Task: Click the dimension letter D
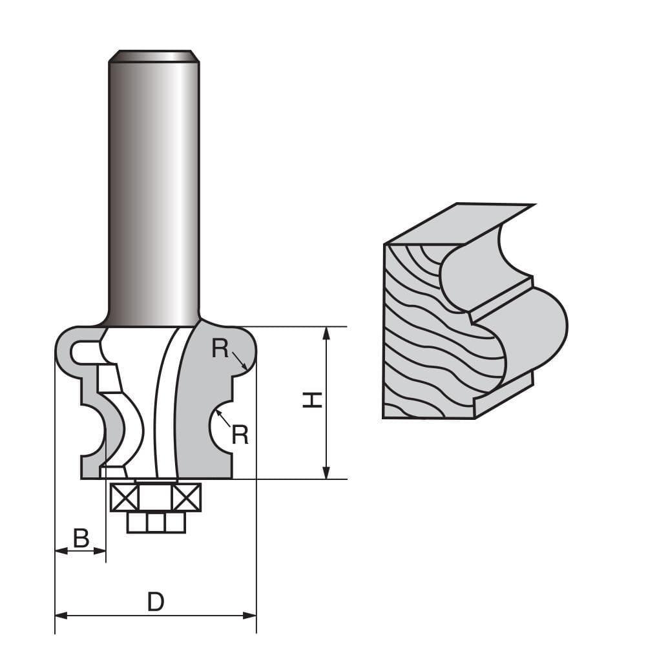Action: (155, 602)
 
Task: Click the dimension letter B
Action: (81, 537)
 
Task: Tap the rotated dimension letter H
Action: (313, 401)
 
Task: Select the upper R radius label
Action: (220, 349)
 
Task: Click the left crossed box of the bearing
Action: (124, 497)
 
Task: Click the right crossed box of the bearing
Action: (187, 497)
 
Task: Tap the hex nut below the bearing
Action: (156, 521)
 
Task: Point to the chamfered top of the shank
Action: (153, 56)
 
